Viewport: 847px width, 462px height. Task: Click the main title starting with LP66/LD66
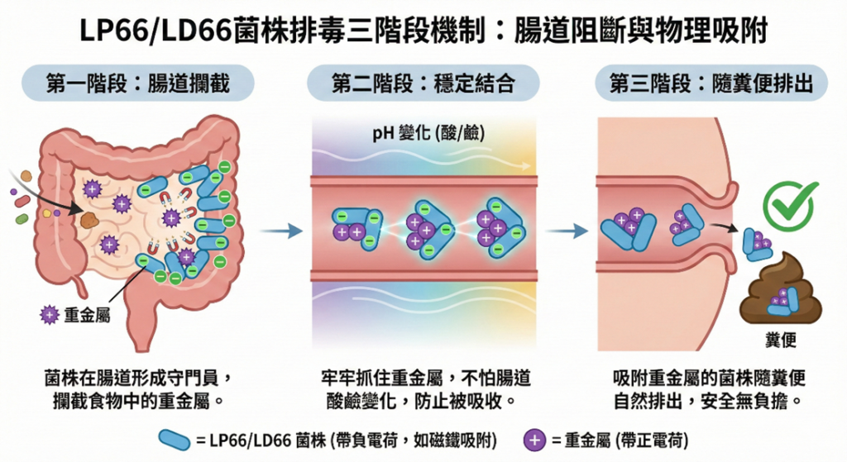pyautogui.click(x=423, y=31)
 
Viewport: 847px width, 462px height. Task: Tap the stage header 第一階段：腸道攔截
pyautogui.click(x=137, y=83)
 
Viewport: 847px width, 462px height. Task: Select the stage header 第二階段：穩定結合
pyautogui.click(x=423, y=83)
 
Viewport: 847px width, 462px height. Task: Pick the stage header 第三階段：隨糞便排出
pyautogui.click(x=711, y=83)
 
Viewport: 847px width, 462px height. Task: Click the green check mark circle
pyautogui.click(x=790, y=204)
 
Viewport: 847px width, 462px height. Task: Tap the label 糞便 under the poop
pyautogui.click(x=781, y=341)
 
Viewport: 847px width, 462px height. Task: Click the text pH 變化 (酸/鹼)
pyautogui.click(x=423, y=133)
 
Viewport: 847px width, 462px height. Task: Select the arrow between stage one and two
pyautogui.click(x=281, y=231)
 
